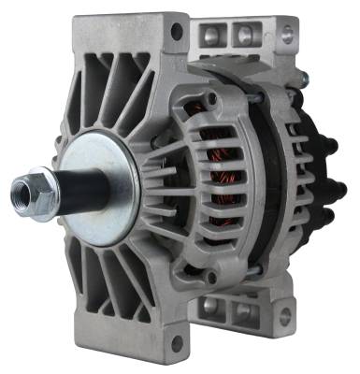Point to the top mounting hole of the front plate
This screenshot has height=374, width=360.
pos(176,32)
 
